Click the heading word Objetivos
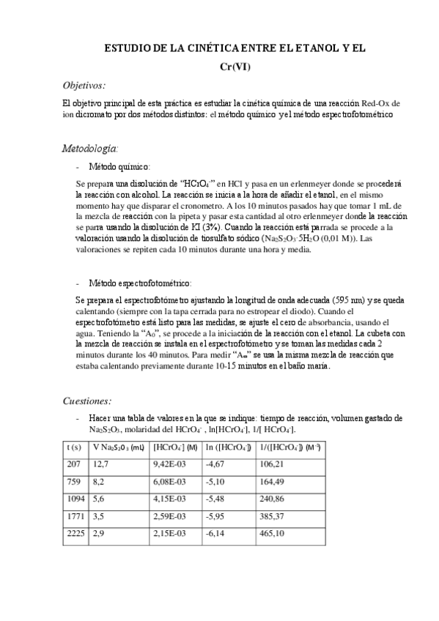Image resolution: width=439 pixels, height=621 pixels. (84, 85)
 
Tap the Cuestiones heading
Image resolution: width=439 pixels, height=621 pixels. (86, 401)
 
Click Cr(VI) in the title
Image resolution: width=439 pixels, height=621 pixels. (235, 67)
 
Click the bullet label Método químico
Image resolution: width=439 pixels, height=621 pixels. (119, 167)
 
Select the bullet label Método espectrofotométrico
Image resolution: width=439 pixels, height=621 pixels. (139, 283)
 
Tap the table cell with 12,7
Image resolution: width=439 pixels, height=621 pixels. (100, 464)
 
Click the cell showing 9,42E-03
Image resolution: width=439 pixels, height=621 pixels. (170, 464)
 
